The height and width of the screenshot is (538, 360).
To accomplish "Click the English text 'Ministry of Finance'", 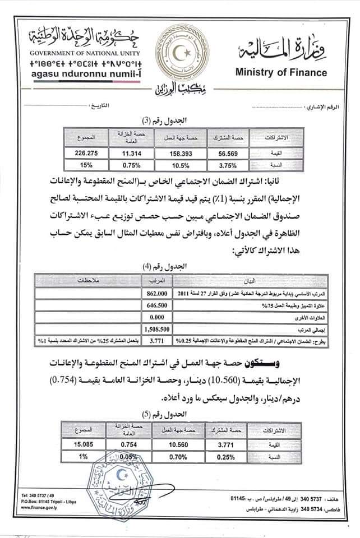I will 281,72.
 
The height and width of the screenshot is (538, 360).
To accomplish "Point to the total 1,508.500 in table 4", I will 157,330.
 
